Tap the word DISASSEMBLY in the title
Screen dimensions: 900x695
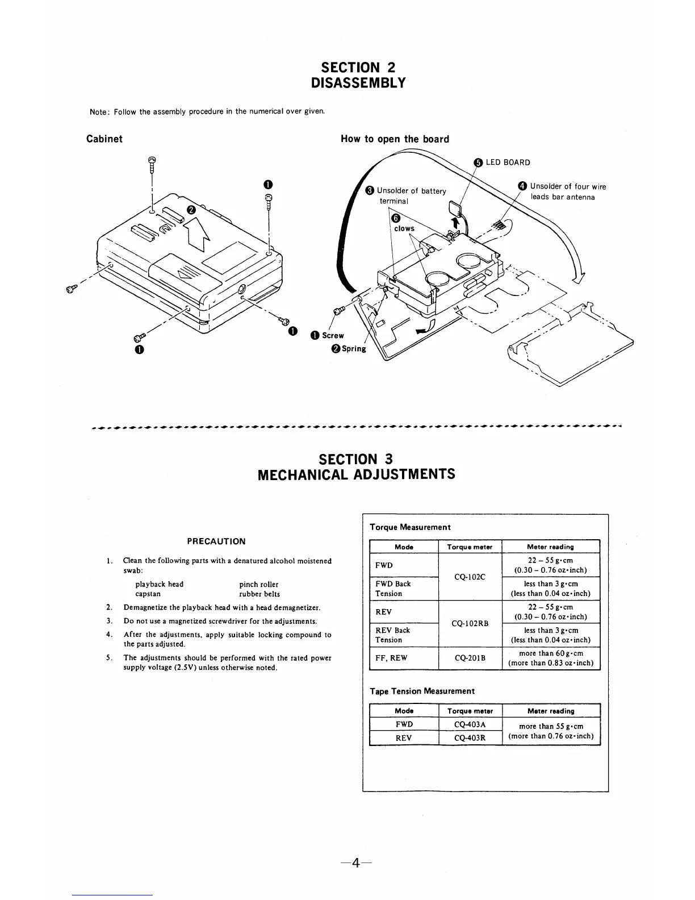point(359,83)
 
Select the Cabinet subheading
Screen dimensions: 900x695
point(104,139)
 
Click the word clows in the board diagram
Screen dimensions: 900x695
point(404,228)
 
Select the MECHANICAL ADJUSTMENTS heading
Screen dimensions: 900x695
point(356,474)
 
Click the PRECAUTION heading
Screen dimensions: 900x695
point(216,541)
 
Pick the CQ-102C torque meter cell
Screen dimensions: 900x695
point(470,577)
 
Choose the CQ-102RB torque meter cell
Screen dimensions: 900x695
point(470,623)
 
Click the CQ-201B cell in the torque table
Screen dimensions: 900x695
point(470,658)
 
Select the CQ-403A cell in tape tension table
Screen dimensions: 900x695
point(470,724)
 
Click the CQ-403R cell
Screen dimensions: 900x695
point(470,738)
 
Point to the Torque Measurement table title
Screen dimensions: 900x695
point(410,527)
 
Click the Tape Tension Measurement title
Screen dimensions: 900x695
point(422,691)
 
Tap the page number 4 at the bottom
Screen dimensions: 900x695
point(356,863)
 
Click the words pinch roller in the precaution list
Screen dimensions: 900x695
point(259,584)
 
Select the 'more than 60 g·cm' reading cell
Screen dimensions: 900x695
point(551,653)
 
